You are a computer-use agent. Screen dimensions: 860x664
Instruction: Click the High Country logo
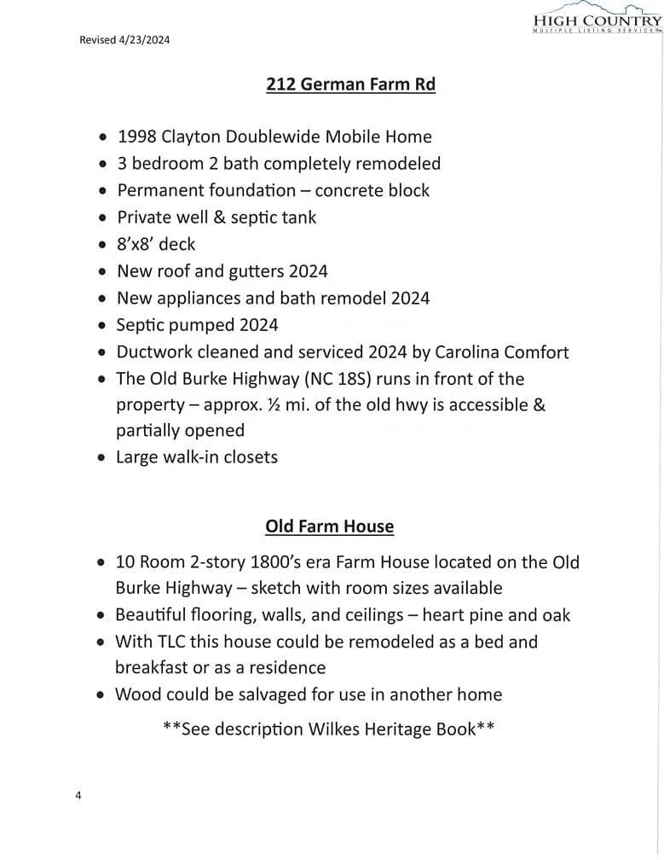(x=596, y=19)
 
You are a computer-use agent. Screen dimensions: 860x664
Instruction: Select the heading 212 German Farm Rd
(x=350, y=84)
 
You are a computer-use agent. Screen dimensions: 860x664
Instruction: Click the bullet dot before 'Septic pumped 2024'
(x=102, y=326)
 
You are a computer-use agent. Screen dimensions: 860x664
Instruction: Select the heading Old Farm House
(x=330, y=526)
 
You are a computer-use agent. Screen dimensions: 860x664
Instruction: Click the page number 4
(x=78, y=796)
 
